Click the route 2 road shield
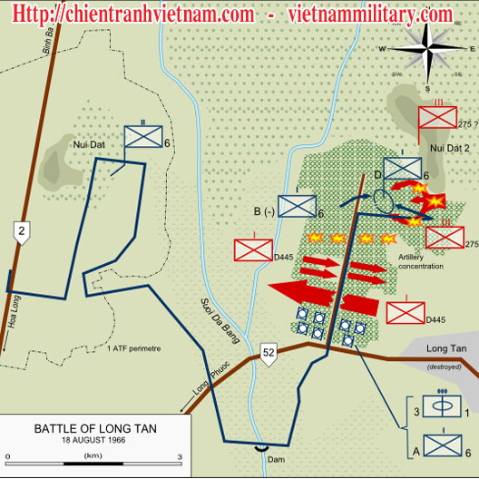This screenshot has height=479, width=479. tap(21, 233)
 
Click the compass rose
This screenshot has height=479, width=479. tap(429, 48)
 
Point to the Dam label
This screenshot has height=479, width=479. tap(264, 462)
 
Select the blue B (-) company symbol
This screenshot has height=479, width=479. tap(296, 206)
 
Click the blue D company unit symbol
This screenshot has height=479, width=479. tap(402, 169)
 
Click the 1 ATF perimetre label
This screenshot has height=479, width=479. tap(138, 348)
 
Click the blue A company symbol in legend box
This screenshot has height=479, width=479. tap(444, 446)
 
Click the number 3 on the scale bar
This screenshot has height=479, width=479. tap(179, 456)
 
